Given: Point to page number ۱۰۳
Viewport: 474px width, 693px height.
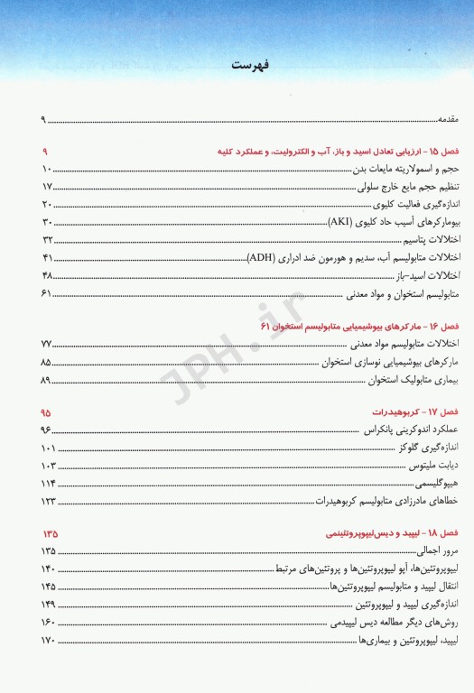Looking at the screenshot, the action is pos(49,466).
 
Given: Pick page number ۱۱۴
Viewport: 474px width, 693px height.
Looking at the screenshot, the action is pos(49,484).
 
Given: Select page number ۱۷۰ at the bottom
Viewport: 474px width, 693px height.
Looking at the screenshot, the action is pos(49,641).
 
